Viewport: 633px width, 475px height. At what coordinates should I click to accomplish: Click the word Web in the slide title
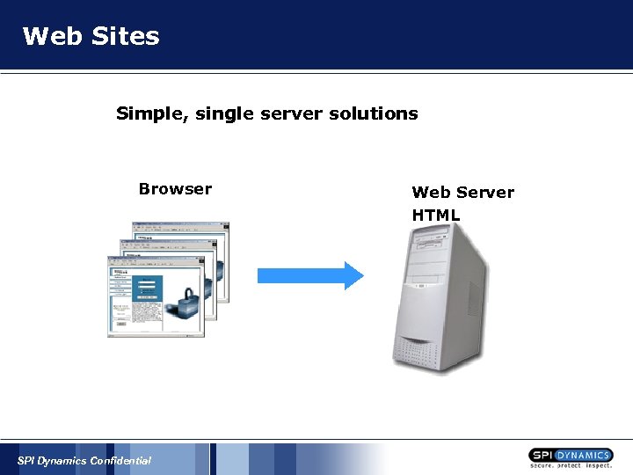click(x=49, y=36)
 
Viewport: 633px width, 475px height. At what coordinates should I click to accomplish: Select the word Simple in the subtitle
click(x=143, y=114)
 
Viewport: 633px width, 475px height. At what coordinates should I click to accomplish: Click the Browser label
click(x=175, y=189)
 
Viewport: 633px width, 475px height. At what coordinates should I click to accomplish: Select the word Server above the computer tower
click(x=484, y=193)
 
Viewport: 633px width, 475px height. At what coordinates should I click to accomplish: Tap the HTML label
click(x=436, y=216)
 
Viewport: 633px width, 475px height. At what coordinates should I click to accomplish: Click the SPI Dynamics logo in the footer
click(x=571, y=455)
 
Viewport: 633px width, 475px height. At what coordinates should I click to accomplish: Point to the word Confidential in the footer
click(x=120, y=461)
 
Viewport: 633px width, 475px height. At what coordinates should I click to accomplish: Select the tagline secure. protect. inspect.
click(x=571, y=465)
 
